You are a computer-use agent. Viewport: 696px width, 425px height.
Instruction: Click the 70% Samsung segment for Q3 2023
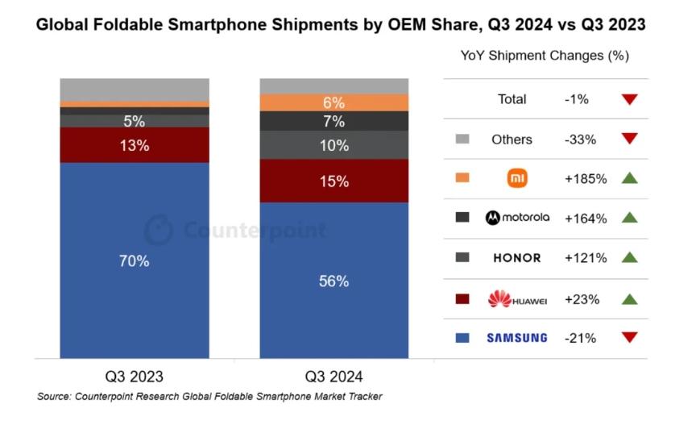click(135, 260)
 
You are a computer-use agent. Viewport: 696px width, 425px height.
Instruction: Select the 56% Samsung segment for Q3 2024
click(333, 281)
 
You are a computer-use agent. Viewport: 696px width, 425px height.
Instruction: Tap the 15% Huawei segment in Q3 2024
click(333, 181)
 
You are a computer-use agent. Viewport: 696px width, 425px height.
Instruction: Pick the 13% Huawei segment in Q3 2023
click(135, 146)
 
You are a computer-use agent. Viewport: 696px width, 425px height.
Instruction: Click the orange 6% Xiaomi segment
click(333, 103)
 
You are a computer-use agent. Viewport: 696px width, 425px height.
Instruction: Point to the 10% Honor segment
click(333, 146)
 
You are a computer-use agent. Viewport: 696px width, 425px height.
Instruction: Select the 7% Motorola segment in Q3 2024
click(333, 122)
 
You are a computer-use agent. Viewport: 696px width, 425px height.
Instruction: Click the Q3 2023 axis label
click(135, 376)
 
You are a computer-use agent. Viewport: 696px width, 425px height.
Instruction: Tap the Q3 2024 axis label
click(333, 376)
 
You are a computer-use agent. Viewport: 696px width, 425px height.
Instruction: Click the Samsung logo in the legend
click(516, 338)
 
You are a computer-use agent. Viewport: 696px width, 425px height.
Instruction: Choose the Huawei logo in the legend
click(516, 299)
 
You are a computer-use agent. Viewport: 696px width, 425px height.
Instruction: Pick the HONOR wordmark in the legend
click(516, 258)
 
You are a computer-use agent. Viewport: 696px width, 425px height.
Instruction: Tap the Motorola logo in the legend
click(516, 218)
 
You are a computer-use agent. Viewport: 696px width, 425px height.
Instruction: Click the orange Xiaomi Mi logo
click(516, 178)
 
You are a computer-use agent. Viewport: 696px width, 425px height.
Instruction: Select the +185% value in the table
click(586, 178)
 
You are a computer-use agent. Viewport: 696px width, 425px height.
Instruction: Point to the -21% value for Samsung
click(581, 338)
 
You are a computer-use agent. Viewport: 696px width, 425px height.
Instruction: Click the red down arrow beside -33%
click(630, 139)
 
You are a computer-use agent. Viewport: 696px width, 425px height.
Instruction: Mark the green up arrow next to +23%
click(630, 299)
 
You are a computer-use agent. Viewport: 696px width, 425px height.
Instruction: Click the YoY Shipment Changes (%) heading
click(545, 56)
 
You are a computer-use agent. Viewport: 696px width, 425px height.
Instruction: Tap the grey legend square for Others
click(462, 139)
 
